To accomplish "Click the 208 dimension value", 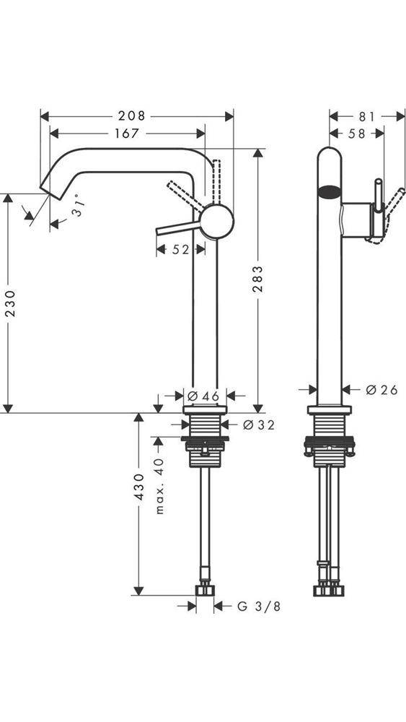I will click(x=132, y=116).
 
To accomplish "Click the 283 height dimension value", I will click(x=258, y=280).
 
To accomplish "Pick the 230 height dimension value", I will click(x=9, y=303).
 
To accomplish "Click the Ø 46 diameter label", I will click(x=203, y=396).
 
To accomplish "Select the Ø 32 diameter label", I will click(x=258, y=425).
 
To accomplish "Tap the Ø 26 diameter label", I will click(x=381, y=390).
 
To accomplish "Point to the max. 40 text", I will click(x=160, y=485).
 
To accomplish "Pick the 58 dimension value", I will click(x=356, y=133).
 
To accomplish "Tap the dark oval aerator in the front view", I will click(x=329, y=192).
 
